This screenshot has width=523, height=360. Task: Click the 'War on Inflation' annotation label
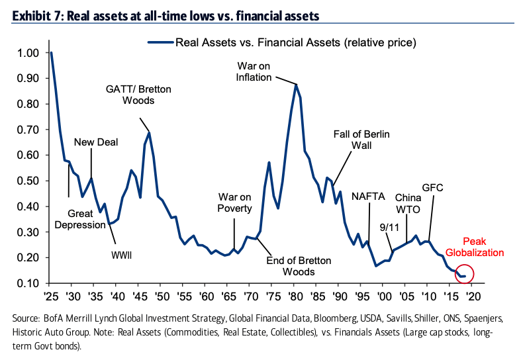coord(254,71)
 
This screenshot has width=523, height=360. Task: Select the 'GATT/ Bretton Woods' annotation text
coord(130,95)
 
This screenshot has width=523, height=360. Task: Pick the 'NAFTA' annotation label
coord(367,196)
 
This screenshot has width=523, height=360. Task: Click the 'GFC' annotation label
coord(432,188)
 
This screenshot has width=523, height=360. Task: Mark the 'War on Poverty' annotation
coord(235,203)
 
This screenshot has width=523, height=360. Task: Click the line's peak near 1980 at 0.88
coord(296,84)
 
